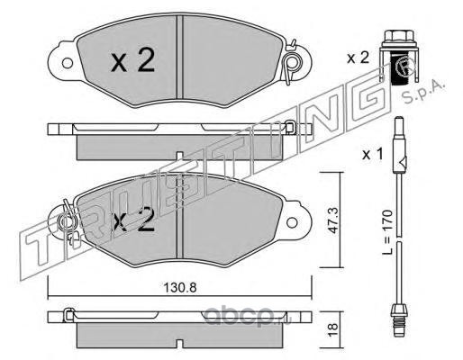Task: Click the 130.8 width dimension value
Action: click(x=180, y=288)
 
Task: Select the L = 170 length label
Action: click(x=387, y=232)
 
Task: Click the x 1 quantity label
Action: click(x=373, y=155)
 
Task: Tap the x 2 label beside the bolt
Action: click(x=358, y=58)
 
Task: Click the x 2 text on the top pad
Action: click(x=132, y=61)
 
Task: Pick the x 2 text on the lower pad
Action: click(x=132, y=220)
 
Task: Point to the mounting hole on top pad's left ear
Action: click(x=67, y=63)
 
